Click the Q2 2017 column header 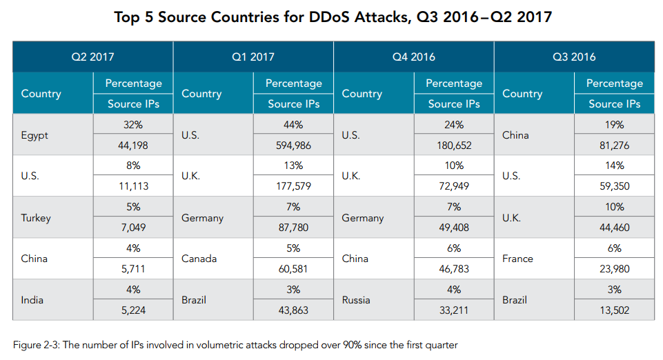point(92,57)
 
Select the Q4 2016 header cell point(413,57)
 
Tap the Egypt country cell point(34,135)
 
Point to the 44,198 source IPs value point(133,146)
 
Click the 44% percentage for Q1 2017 point(293,125)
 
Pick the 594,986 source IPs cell point(293,146)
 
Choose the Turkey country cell point(36,217)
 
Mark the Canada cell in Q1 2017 point(198,259)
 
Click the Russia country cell point(356,300)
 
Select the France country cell point(517,259)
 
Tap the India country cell point(32,300)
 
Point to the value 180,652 point(454,146)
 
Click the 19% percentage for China point(614,125)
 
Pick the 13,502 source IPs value point(614,310)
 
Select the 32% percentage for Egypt point(133,125)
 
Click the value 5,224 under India point(133,310)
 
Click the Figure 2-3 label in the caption point(34,344)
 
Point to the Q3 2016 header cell point(574,57)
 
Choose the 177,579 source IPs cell point(293,186)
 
